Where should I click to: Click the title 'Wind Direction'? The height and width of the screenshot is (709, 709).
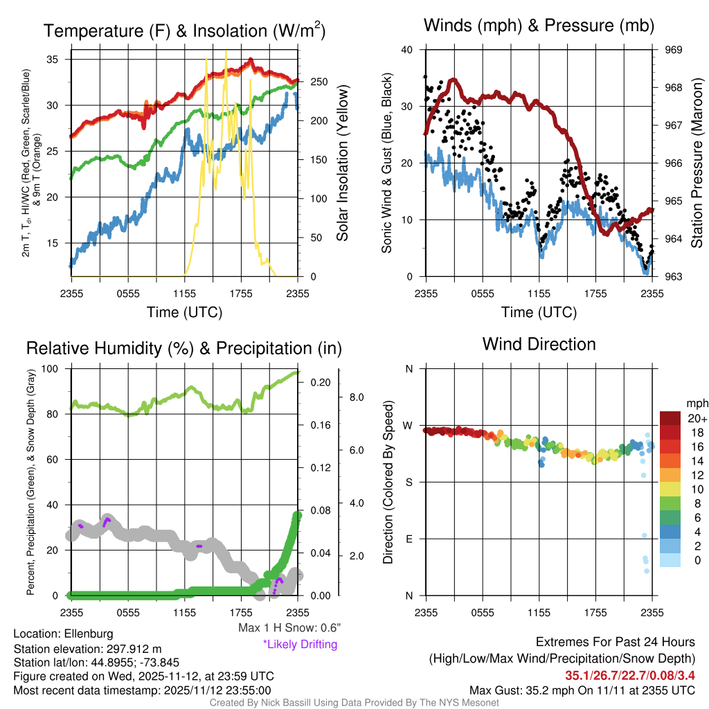(539, 344)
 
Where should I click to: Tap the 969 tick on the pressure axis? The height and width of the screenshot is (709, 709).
(674, 50)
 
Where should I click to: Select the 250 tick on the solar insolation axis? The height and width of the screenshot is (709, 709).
(319, 82)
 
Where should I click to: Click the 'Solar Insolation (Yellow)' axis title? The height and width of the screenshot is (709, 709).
(342, 163)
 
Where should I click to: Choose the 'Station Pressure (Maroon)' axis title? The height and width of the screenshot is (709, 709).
(697, 163)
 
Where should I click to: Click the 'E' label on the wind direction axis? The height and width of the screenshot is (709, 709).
(409, 539)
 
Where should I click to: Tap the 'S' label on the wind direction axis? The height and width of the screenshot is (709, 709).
(409, 482)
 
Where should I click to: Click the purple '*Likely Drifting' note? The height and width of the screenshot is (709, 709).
(300, 645)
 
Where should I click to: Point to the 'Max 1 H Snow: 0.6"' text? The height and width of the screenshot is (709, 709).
(289, 628)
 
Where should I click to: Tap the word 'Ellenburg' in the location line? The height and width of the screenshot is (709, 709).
(89, 634)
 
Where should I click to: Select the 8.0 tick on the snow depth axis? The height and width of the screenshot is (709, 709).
(356, 397)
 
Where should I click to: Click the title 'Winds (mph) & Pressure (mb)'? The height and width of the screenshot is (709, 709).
(539, 26)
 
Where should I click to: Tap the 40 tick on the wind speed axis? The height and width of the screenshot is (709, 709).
(406, 50)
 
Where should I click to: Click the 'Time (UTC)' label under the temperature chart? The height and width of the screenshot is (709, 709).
(184, 313)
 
